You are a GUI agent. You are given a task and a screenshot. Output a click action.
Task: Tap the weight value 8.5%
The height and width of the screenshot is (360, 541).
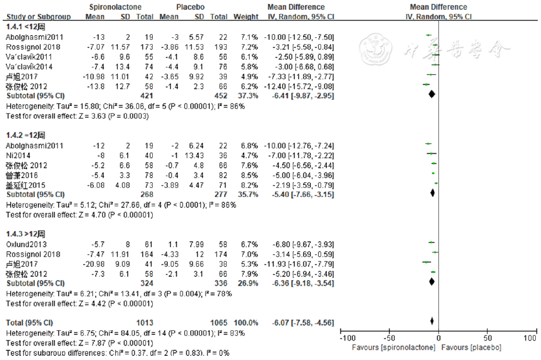tap(249, 175)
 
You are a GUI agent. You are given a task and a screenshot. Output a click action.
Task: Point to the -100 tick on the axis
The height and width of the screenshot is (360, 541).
tap(347, 338)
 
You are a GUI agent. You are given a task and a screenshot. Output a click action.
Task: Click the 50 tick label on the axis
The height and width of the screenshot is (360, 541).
tap(487, 338)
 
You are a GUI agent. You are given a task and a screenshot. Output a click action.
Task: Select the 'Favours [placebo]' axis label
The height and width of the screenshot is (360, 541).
tap(471, 347)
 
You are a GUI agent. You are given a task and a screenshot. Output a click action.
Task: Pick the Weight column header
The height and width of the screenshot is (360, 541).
tap(245, 17)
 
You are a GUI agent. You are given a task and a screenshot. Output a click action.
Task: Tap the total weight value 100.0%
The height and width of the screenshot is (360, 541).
tap(247, 323)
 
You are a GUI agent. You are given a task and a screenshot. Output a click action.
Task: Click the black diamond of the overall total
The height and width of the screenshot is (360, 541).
tap(432, 321)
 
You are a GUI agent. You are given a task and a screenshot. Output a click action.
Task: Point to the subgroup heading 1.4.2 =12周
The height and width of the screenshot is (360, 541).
tap(26, 134)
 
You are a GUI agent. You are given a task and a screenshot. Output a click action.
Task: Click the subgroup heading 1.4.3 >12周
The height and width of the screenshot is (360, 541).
tap(26, 234)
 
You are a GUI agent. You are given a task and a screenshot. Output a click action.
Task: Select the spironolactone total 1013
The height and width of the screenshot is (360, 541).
tap(145, 323)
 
